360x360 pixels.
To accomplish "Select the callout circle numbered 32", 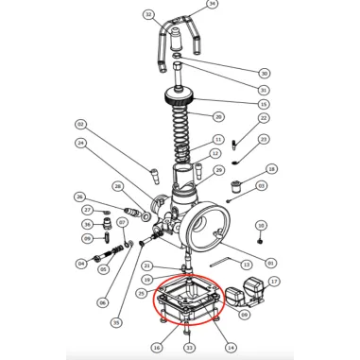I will (148, 15).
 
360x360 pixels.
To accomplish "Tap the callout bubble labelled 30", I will (264, 73).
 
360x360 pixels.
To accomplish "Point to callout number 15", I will (264, 103).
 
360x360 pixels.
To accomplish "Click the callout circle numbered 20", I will (218, 116).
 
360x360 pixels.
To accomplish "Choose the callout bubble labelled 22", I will (264, 117).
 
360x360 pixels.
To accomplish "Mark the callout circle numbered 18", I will (272, 169).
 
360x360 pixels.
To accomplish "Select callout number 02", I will (80, 125).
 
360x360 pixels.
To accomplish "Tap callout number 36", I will (87, 224).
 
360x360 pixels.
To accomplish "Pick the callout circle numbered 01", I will (272, 263).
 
